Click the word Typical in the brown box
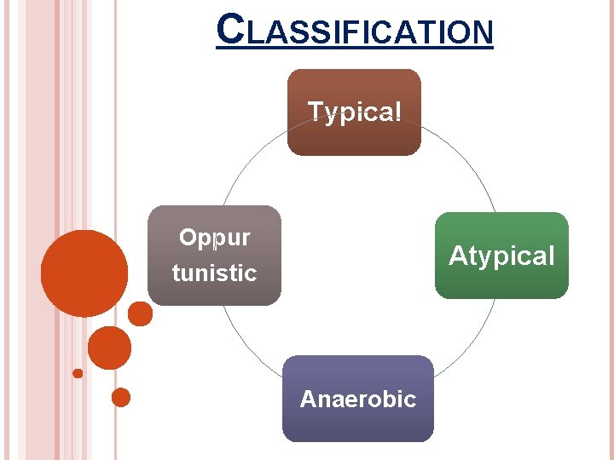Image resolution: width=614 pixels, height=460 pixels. (x=354, y=112)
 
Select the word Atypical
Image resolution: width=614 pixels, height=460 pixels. (x=501, y=256)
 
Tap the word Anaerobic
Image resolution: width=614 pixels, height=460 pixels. (x=357, y=399)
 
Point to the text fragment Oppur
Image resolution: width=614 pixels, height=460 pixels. (x=214, y=238)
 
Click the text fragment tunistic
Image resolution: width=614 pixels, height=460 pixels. (x=214, y=273)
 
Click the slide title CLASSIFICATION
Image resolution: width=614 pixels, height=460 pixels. (x=355, y=31)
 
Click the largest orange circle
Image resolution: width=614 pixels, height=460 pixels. (x=84, y=273)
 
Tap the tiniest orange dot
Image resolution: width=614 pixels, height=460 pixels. (x=78, y=373)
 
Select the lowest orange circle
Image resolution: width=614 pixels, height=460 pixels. (x=121, y=397)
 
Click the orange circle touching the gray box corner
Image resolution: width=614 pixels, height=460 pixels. (x=140, y=314)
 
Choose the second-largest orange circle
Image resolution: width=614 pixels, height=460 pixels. (x=109, y=348)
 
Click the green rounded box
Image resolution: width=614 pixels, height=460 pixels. (x=501, y=281)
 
